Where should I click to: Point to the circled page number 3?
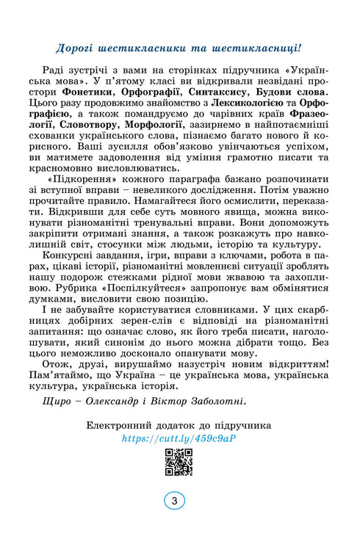pos(174,501)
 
